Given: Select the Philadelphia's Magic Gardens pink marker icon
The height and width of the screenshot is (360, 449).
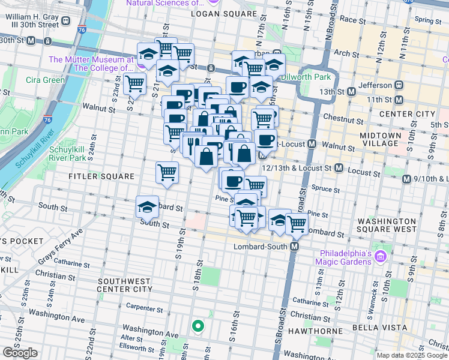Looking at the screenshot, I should pos(379,257).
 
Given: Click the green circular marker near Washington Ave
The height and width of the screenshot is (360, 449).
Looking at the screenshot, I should pos(197,326).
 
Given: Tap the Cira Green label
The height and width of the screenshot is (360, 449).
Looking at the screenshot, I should pos(45,80).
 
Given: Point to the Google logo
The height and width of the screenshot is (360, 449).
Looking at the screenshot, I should pos(20,353).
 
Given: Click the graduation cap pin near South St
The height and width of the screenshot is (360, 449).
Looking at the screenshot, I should pos(147,207).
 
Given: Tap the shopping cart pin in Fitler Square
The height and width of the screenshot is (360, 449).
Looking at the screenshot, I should pos(167,172).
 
